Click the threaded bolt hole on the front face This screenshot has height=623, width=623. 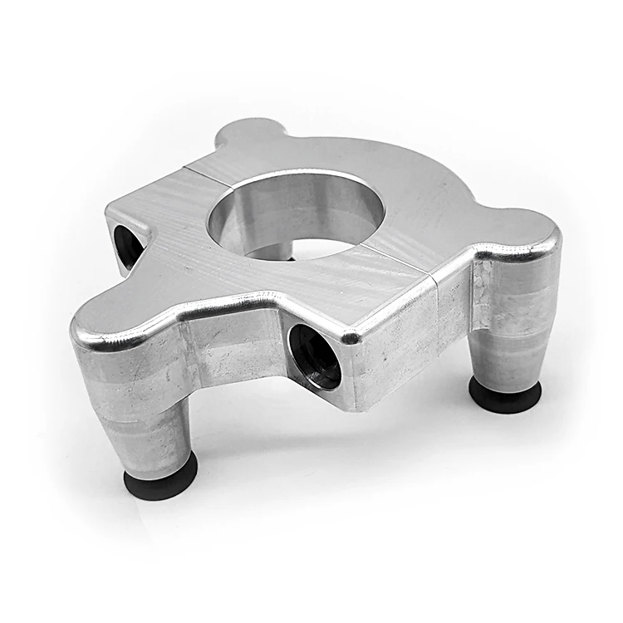pyautogui.click(x=315, y=356)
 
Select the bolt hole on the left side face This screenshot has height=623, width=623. pyautogui.click(x=128, y=246)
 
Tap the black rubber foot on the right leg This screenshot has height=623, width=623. pyautogui.click(x=505, y=394)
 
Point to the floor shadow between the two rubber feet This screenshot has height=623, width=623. pyautogui.click(x=332, y=449)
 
